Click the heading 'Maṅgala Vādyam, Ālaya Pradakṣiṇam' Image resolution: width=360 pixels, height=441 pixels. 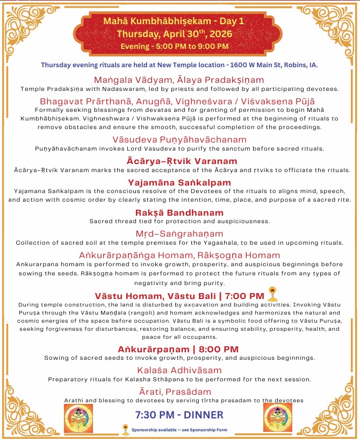(x=179, y=79)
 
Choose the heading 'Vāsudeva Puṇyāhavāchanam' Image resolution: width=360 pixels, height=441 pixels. (x=179, y=139)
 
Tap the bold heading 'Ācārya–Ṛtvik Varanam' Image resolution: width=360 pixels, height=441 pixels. (x=179, y=161)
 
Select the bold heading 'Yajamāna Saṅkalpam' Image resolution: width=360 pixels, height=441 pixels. (x=179, y=182)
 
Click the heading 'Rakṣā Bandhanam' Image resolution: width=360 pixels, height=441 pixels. (x=179, y=212)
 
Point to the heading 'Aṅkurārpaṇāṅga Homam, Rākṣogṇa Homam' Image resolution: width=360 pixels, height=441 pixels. (x=179, y=255)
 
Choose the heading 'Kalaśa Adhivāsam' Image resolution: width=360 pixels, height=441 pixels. (x=179, y=370)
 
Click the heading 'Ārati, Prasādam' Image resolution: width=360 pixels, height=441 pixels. (x=179, y=391)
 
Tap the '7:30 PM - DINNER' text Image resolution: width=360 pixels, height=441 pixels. (x=179, y=415)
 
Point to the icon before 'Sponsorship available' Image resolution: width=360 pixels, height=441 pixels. (x=125, y=430)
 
